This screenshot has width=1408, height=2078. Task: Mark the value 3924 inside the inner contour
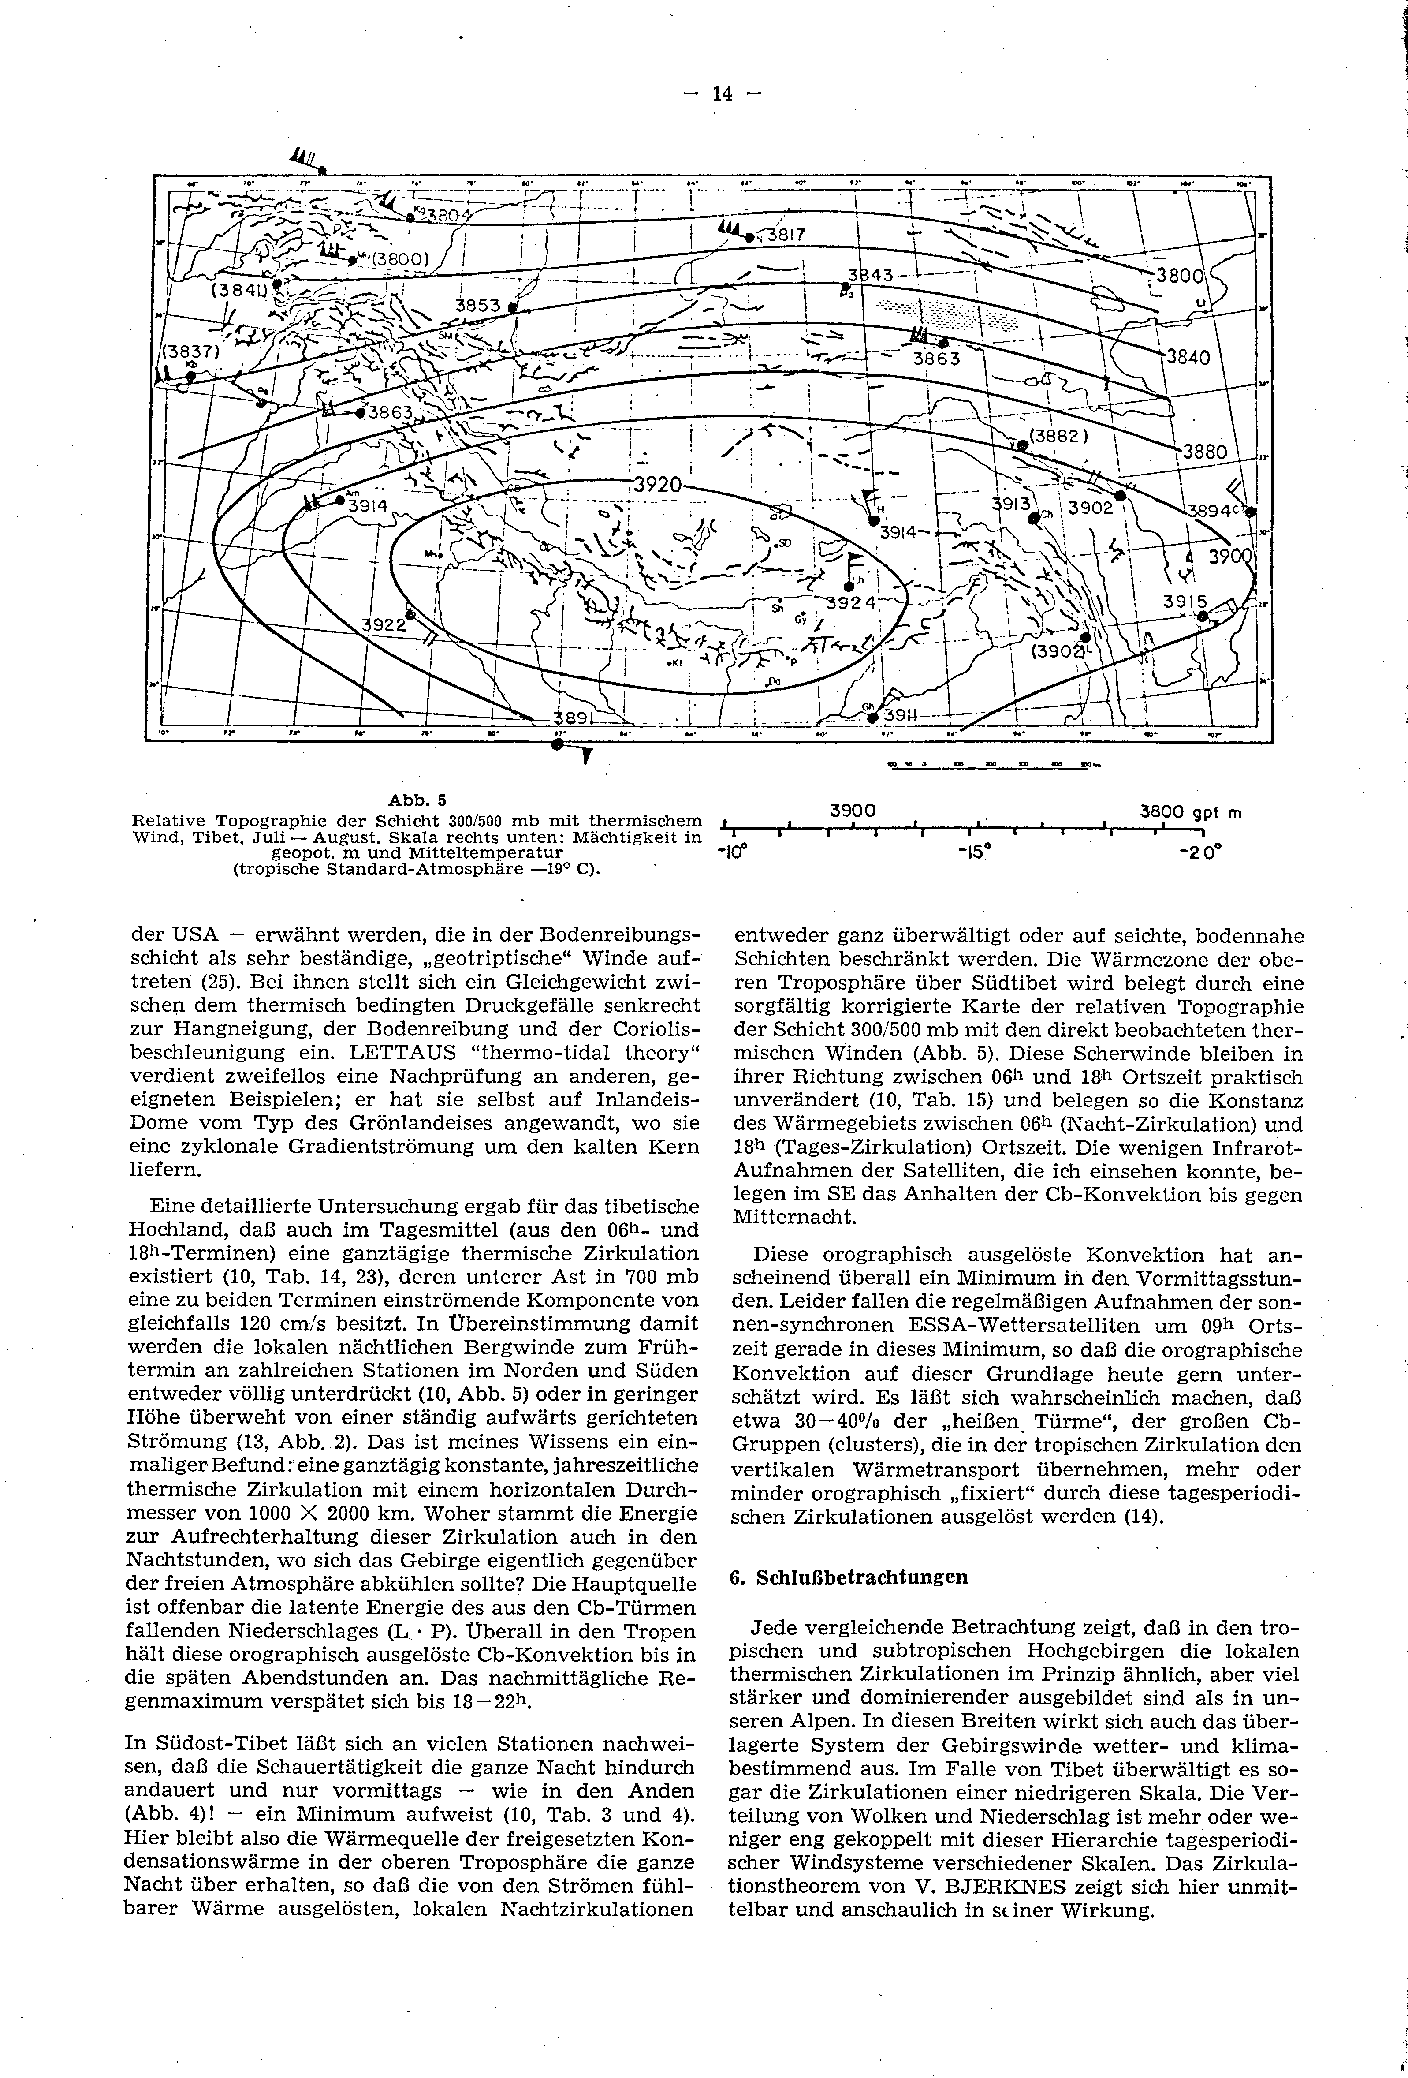(x=852, y=603)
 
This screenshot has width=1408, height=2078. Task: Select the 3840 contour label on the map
(x=1186, y=358)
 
